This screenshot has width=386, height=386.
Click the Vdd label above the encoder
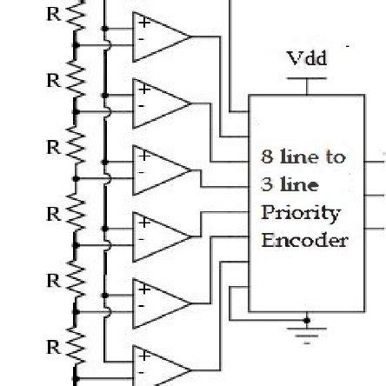[307, 59]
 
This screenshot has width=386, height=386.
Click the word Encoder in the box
[304, 240]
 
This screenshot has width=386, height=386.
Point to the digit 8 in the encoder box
[268, 157]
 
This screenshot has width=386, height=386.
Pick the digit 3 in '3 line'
[268, 185]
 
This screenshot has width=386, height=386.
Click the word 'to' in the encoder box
[335, 157]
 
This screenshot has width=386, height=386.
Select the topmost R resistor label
[55, 15]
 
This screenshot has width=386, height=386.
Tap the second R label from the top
[55, 79]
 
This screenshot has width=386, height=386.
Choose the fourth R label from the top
[55, 213]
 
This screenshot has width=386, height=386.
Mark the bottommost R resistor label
[55, 347]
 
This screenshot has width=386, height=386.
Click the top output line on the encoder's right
[375, 157]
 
